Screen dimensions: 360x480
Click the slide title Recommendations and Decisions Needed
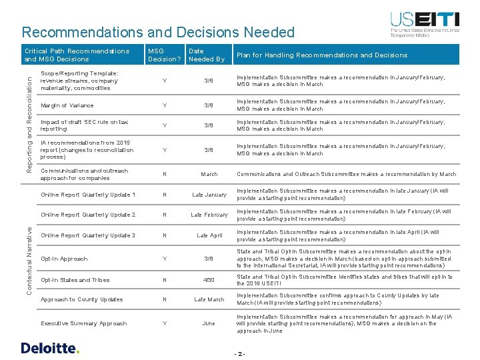[158, 32]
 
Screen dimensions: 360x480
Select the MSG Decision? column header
[164, 55]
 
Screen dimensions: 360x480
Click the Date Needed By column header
[206, 55]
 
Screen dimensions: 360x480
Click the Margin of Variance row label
[67, 105]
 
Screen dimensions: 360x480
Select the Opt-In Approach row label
[64, 259]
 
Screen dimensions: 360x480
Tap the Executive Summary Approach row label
[83, 323]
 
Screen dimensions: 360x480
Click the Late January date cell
[209, 195]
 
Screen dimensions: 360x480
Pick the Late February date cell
[209, 215]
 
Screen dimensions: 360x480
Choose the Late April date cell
[209, 235]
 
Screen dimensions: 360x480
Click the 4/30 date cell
[209, 280]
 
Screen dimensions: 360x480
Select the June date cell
[209, 323]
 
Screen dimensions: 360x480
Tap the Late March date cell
[209, 299]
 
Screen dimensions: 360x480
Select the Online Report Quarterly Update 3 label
[88, 235]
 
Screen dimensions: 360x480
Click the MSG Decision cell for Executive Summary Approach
[164, 323]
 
